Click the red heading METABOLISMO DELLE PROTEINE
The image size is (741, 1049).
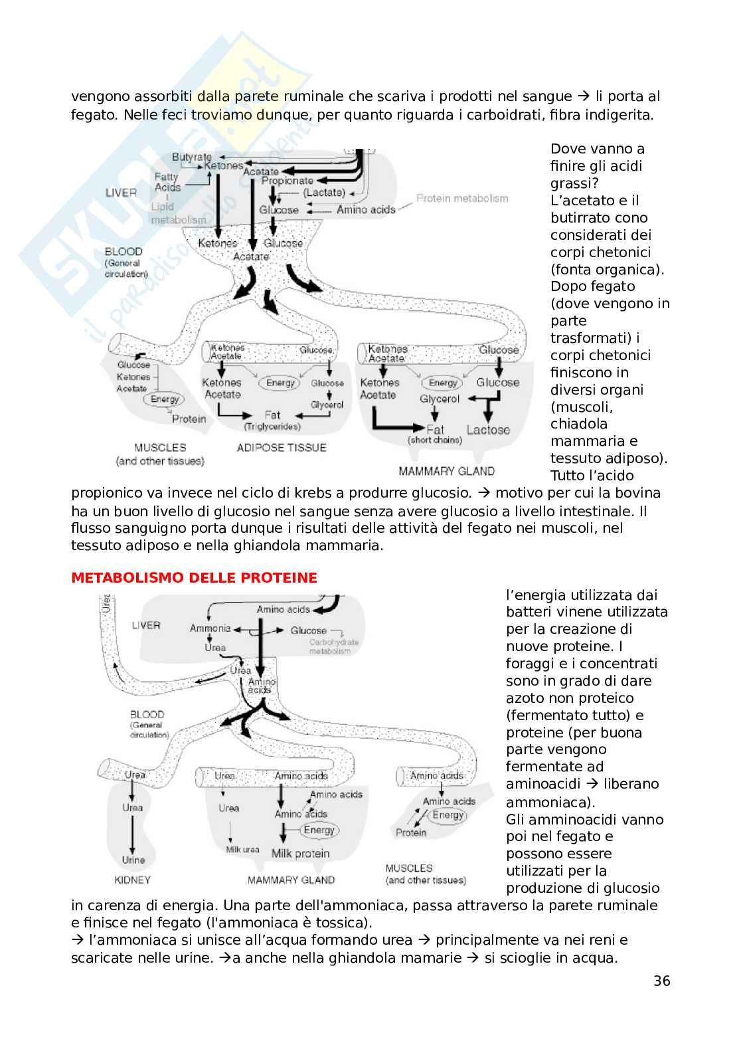(194, 578)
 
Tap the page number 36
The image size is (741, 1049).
(661, 981)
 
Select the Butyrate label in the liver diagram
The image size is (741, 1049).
(191, 157)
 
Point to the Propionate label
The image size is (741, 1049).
(287, 181)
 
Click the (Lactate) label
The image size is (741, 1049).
(324, 193)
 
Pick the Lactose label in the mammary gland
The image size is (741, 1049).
(488, 430)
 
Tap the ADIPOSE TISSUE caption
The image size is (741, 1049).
(282, 448)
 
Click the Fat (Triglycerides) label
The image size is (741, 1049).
(272, 420)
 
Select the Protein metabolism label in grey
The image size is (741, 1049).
(462, 198)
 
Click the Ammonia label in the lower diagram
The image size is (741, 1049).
(210, 628)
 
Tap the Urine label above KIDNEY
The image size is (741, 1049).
(133, 860)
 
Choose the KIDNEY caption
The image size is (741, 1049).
(133, 880)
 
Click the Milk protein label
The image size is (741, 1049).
(300, 854)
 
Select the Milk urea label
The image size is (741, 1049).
(242, 850)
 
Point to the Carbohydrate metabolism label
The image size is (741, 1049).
(334, 646)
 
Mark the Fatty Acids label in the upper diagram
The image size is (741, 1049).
(167, 182)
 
